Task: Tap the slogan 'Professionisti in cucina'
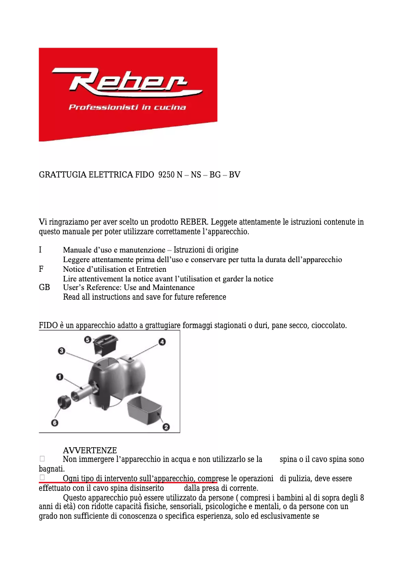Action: [x=127, y=107]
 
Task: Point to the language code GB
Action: [x=45, y=287]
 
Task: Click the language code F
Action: [x=41, y=269]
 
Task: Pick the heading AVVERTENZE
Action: [x=90, y=451]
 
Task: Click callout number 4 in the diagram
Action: [x=162, y=342]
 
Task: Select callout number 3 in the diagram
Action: [x=61, y=350]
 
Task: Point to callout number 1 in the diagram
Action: [x=59, y=376]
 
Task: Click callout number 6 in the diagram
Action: [x=54, y=422]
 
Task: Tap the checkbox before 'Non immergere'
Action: [x=43, y=459]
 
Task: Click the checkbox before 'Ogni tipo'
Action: [x=43, y=478]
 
